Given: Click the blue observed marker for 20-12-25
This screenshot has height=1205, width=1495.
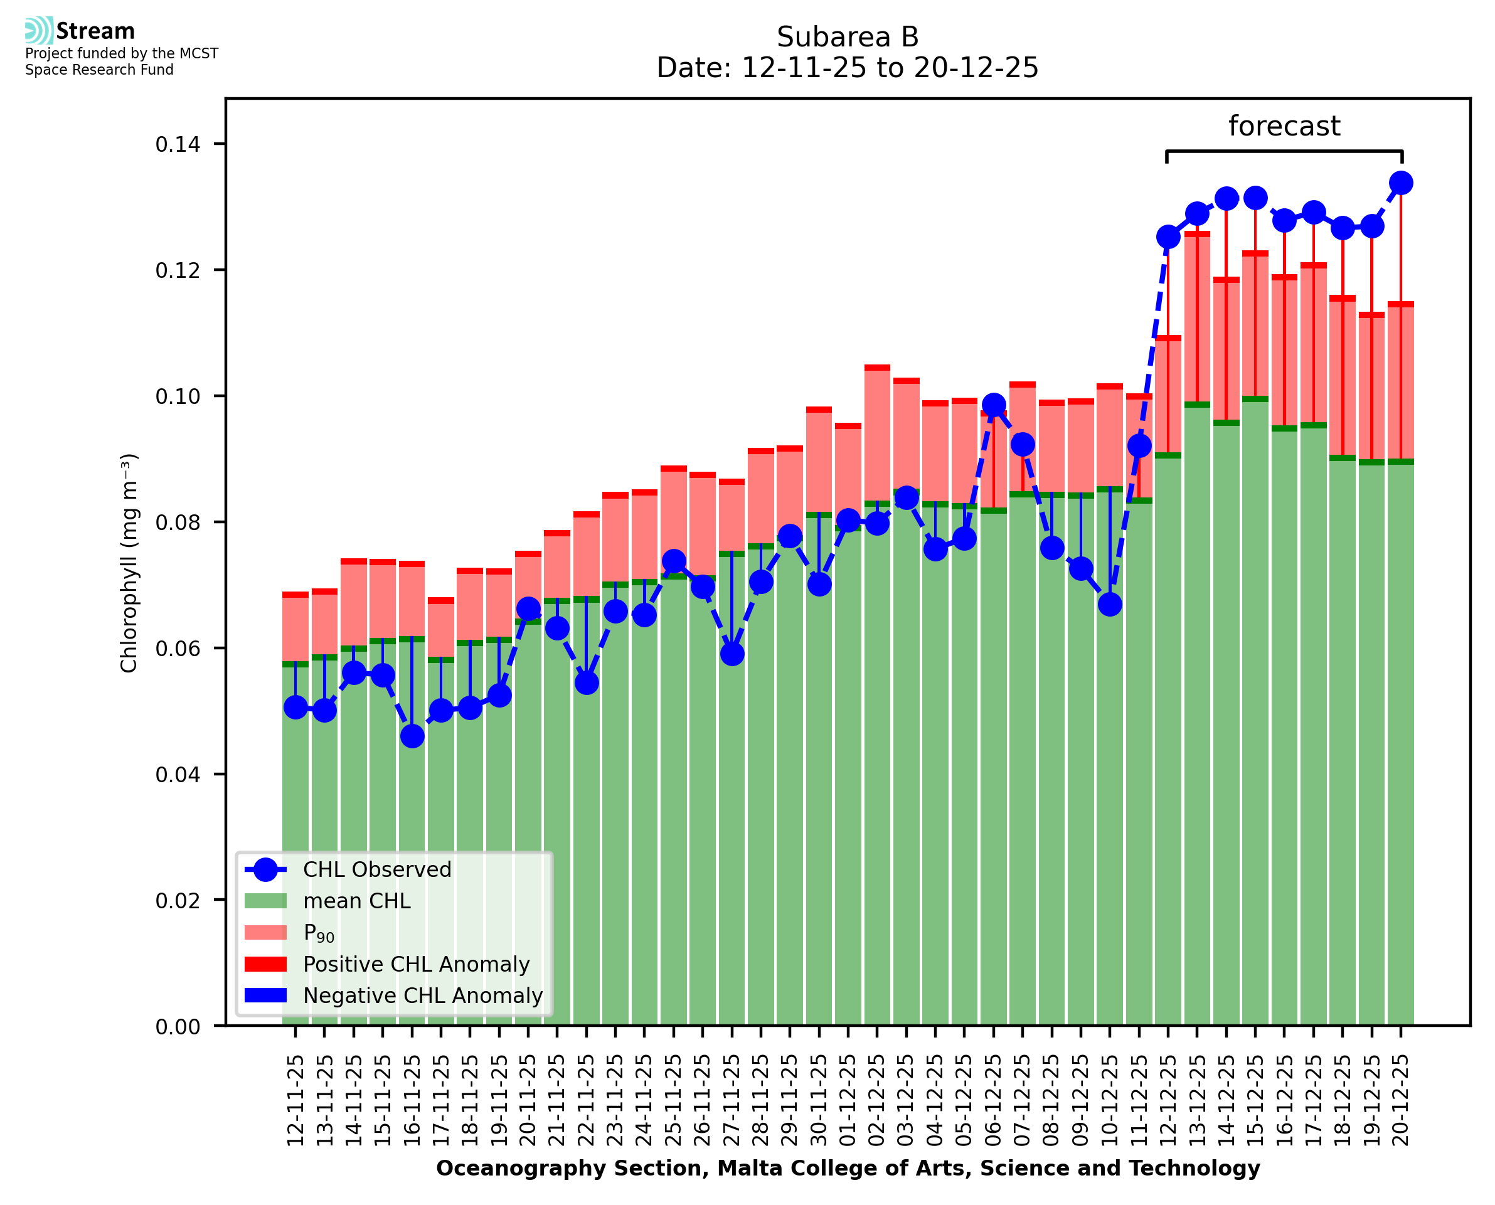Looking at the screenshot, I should tap(1401, 183).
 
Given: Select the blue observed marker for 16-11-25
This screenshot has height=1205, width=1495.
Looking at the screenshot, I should tap(412, 736).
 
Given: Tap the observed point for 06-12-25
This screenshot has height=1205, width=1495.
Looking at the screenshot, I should tap(994, 405).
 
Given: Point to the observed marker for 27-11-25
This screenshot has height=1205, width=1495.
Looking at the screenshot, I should tap(732, 654).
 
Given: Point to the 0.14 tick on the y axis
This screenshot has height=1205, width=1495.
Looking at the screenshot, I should tap(178, 144).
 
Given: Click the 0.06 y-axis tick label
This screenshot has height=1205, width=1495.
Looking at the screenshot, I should tap(178, 649).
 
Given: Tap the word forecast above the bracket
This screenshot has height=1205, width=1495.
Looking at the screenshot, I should tap(1284, 126).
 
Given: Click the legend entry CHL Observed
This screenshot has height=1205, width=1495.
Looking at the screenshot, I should tap(377, 870).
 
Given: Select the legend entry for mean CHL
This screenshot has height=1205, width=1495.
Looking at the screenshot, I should tap(357, 901).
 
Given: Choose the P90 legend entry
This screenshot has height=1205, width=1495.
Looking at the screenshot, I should tap(319, 933).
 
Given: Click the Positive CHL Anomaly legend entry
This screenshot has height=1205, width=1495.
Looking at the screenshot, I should tap(417, 964).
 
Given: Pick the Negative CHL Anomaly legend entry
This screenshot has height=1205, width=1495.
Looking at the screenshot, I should tap(423, 995).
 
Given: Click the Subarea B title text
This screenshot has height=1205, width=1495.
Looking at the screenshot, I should tap(848, 37).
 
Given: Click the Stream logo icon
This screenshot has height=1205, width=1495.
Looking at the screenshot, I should tap(39, 31).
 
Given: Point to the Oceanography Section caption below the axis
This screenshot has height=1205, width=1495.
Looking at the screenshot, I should tap(848, 1169).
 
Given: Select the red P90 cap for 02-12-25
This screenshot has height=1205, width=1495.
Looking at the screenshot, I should tap(877, 368).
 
